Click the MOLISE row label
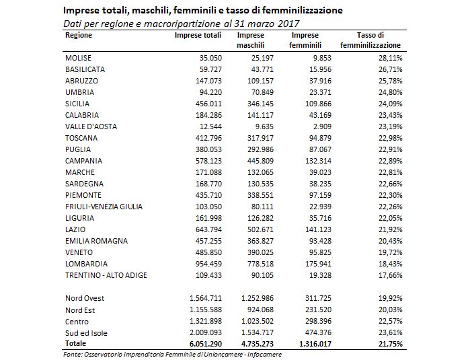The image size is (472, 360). point(78,58)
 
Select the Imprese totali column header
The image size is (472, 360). point(198,35)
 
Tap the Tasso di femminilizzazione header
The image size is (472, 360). point(370,40)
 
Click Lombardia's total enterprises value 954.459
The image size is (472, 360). point(208,264)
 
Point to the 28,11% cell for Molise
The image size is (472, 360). point(391,58)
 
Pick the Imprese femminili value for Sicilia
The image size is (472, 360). point(318,104)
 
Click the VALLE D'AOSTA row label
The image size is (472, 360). point(91,127)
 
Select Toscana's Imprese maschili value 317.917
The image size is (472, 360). point(260,138)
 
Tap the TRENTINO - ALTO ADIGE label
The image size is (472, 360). point(106,275)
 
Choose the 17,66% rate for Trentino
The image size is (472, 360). point(391,275)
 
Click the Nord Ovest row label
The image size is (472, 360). point(85,298)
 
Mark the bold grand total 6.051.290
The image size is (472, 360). point(206,344)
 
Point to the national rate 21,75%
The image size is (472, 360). point(391,344)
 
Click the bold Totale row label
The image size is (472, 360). point(75,343)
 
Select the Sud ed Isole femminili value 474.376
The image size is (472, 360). point(318,332)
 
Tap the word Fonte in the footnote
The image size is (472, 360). point(72,354)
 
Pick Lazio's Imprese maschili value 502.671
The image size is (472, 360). point(260,229)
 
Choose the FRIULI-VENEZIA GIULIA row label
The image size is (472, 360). point(104,207)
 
